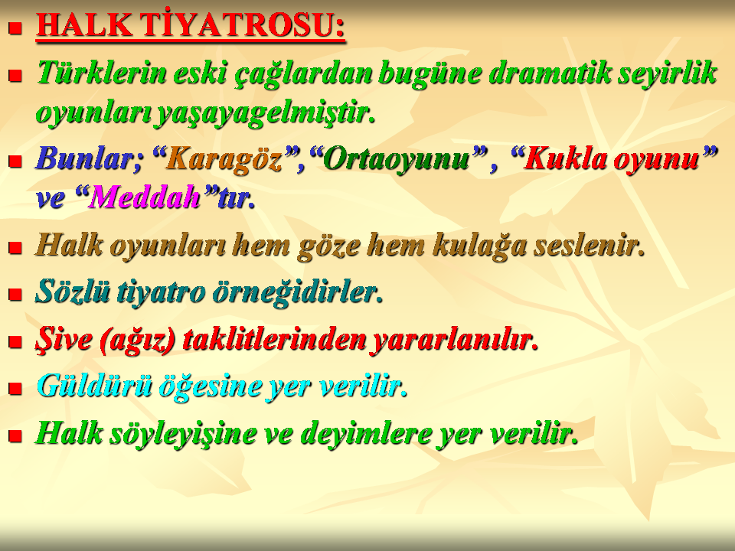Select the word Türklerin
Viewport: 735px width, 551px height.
click(101, 73)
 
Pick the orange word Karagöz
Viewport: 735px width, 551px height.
click(224, 158)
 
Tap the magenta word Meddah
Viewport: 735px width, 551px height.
click(145, 197)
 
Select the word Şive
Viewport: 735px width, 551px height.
click(64, 339)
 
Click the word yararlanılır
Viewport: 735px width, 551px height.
click(453, 339)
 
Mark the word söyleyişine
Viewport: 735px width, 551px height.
click(183, 433)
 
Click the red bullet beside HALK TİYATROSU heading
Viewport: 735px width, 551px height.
click(15, 28)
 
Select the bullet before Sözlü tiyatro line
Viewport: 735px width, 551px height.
click(15, 294)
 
